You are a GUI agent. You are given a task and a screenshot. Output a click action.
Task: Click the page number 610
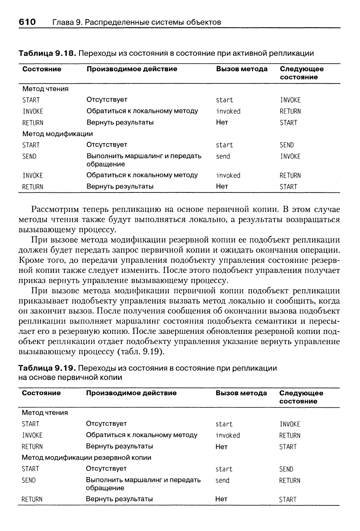coord(27,22)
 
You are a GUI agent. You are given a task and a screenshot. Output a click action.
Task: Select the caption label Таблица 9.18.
coord(47,53)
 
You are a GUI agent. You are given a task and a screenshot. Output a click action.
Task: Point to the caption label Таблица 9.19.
coord(47,368)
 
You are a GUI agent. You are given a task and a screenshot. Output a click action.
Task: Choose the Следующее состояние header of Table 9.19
coord(301,397)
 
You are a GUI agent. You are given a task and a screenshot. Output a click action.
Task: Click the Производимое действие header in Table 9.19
coord(131,393)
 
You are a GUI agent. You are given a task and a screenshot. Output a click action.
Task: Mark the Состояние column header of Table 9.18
coord(42,69)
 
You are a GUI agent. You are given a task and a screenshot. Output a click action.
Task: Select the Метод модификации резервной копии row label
coord(86,457)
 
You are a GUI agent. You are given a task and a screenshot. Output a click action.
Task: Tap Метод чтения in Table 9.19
coord(45,413)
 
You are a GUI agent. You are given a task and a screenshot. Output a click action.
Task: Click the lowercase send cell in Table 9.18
coord(223,157)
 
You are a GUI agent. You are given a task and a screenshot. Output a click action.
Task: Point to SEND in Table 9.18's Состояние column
coord(29,157)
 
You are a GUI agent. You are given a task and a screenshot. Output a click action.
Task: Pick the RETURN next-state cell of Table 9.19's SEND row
coord(290,480)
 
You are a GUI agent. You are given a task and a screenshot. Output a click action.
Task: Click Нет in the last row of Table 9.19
coord(221,499)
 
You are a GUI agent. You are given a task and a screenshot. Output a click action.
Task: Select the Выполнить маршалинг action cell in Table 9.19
coord(143,484)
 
